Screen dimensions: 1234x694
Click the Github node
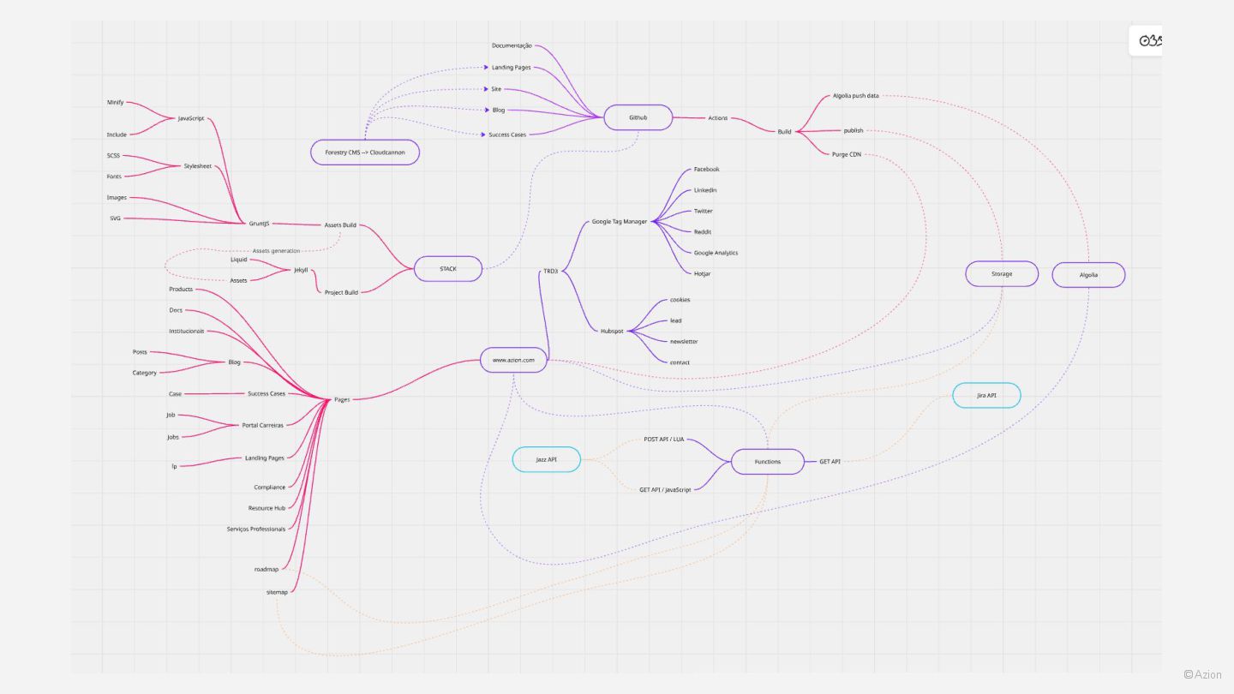(x=638, y=117)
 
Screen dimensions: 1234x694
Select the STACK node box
(x=448, y=269)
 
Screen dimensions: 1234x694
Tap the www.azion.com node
(x=513, y=360)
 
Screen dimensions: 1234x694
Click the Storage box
(x=1002, y=274)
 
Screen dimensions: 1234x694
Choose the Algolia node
(x=1088, y=275)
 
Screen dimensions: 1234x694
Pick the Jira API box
(x=986, y=395)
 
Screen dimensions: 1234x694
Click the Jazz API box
(x=546, y=459)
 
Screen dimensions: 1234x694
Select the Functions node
(x=767, y=462)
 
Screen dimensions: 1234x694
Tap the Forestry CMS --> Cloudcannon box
(x=364, y=153)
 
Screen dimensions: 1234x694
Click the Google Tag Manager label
(x=620, y=222)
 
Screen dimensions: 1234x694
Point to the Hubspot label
(x=612, y=331)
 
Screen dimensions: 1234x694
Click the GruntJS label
(x=259, y=224)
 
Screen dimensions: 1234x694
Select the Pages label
(x=342, y=399)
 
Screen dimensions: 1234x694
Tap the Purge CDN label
(x=846, y=154)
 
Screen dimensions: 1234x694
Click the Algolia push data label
(x=855, y=96)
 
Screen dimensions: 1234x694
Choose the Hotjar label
(x=702, y=273)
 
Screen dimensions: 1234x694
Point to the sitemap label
(x=277, y=592)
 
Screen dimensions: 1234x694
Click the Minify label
(x=116, y=102)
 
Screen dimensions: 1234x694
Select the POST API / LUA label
(x=664, y=440)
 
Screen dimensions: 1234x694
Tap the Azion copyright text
(x=1203, y=674)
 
